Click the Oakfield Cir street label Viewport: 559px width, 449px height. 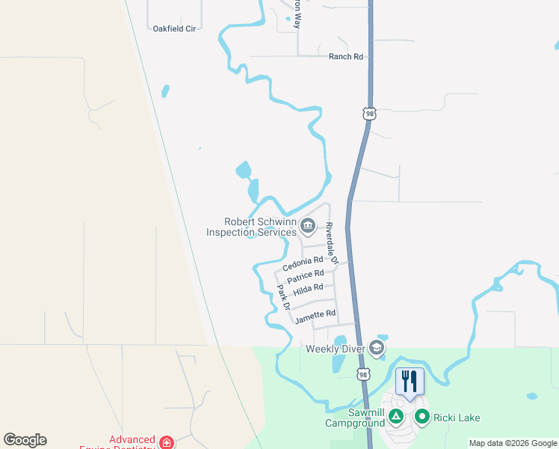[174, 28]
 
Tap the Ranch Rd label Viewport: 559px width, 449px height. [346, 56]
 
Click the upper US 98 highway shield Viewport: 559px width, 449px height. [369, 114]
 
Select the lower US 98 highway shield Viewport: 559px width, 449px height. [363, 373]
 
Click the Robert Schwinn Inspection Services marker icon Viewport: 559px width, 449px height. [308, 225]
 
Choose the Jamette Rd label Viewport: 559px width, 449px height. [315, 317]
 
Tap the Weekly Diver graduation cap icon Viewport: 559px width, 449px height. [377, 348]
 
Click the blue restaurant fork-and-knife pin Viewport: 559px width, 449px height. [410, 380]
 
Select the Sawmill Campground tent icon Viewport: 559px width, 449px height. [396, 415]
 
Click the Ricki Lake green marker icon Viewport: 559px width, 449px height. [422, 418]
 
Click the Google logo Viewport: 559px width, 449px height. [25, 440]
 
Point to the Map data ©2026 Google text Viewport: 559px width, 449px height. [513, 443]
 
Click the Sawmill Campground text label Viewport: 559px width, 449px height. [355, 418]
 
